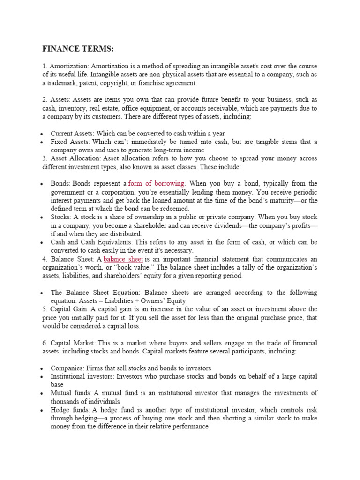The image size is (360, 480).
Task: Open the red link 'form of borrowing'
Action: pos(157,183)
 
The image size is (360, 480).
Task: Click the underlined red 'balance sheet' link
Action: pos(123,259)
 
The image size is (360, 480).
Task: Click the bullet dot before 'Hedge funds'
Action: pos(43,410)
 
